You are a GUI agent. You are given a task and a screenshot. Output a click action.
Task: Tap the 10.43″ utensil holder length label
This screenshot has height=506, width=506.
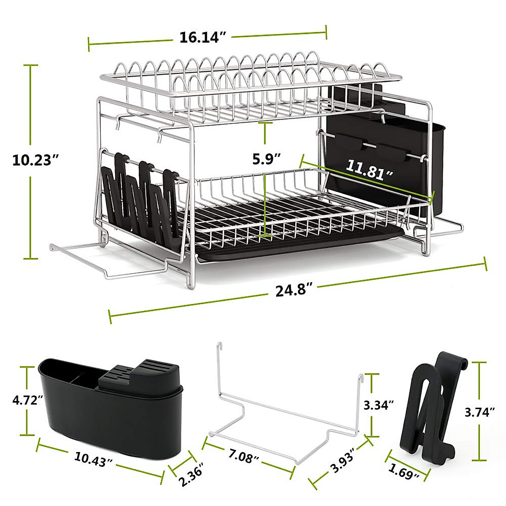point(94,459)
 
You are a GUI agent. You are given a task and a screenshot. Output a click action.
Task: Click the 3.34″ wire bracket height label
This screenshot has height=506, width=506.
point(378,406)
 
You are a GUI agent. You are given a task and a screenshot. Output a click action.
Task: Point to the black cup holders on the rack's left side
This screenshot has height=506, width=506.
point(139,198)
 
